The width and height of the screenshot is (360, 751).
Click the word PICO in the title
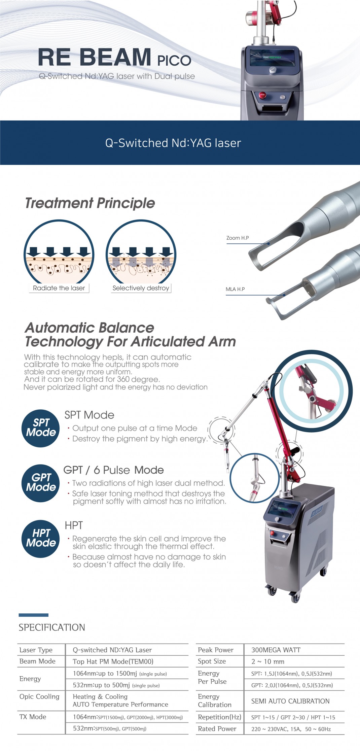click(174, 61)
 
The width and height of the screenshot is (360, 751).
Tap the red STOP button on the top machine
click(262, 95)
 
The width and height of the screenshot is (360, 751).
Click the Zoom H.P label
click(238, 238)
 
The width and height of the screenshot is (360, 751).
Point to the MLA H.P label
click(235, 289)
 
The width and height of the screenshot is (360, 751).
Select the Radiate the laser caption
click(59, 288)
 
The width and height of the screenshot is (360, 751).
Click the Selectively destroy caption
click(141, 288)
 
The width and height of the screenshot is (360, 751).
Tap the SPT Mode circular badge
click(41, 428)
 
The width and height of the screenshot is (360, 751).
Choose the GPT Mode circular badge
click(41, 483)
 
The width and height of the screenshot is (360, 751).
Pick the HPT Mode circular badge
click(41, 539)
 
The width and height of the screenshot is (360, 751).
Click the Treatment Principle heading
click(90, 203)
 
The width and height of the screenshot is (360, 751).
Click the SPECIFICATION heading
click(52, 627)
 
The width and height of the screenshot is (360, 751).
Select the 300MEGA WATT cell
click(276, 650)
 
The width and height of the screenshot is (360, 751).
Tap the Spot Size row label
click(212, 661)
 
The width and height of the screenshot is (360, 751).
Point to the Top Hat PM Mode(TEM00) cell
click(113, 662)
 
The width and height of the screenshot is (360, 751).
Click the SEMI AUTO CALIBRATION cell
click(290, 701)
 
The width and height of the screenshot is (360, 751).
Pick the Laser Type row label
click(36, 650)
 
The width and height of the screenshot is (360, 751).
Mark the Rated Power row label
click(217, 729)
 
